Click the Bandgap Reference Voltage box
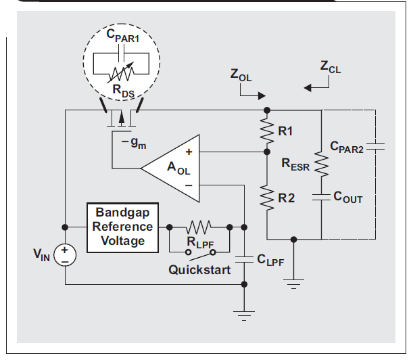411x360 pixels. (123, 227)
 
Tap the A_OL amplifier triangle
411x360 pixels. (173, 168)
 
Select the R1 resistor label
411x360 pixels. (286, 133)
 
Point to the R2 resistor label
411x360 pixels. (286, 198)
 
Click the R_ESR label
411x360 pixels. (295, 163)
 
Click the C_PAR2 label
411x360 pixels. (347, 146)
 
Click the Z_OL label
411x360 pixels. (241, 75)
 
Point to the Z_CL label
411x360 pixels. (331, 68)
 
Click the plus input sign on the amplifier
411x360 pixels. (189, 152)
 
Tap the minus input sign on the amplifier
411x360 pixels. (189, 184)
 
